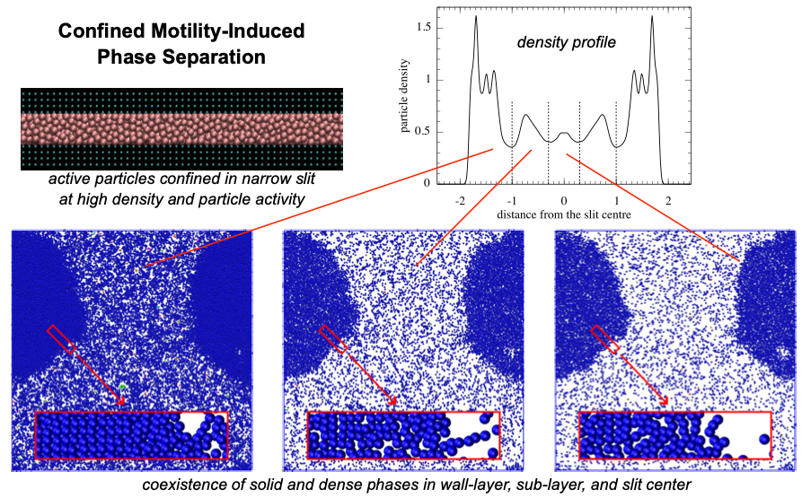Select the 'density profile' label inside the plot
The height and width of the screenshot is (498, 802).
tap(565, 42)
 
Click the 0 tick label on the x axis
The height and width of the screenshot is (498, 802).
tap(564, 202)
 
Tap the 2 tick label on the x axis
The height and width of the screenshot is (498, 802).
tap(667, 202)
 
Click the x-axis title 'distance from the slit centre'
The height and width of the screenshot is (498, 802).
tap(563, 217)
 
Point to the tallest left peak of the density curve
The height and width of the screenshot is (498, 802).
tap(476, 18)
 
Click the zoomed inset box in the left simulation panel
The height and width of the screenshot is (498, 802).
tap(131, 435)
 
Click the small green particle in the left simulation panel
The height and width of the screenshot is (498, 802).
tap(122, 387)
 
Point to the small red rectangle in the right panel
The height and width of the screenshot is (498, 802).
tap(604, 339)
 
